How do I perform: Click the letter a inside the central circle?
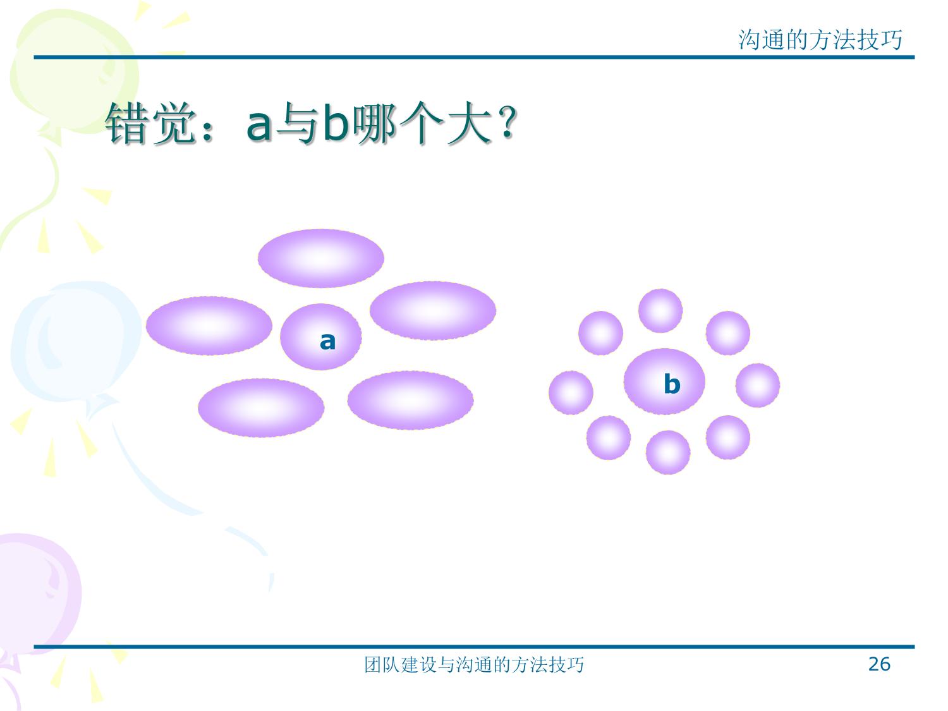click(327, 341)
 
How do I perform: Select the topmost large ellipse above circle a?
click(321, 258)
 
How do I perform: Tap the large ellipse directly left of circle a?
click(209, 325)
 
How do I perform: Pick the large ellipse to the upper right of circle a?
click(433, 310)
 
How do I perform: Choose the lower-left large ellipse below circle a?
click(261, 408)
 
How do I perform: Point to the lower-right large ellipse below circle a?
click(410, 400)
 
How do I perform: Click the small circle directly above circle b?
click(660, 311)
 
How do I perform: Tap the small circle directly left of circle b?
click(571, 393)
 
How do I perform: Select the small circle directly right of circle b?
click(758, 385)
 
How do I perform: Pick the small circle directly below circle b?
click(668, 453)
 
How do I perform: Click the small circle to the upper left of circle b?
click(601, 333)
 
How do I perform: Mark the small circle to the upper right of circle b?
click(727, 333)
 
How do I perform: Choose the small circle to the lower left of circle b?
click(609, 438)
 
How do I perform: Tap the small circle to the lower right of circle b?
click(727, 437)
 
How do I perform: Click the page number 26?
click(879, 664)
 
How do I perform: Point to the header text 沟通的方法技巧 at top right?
click(820, 40)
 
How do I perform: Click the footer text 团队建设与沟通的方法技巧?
click(474, 665)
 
